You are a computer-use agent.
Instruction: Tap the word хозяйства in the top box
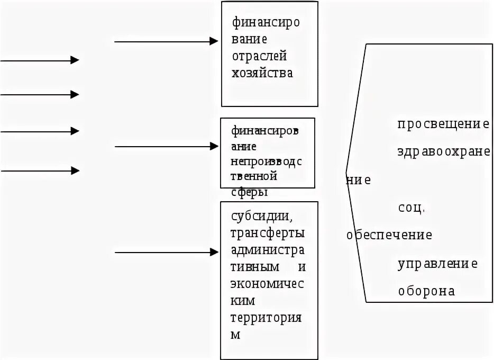[262, 73]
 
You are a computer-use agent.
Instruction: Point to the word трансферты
[268, 233]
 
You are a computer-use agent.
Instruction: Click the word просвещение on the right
[443, 124]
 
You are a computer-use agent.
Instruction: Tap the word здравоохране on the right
[444, 151]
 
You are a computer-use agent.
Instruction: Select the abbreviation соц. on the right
[411, 208]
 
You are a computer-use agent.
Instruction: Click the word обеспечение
[389, 235]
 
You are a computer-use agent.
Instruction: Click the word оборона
[426, 291]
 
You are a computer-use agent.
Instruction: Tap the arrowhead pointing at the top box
[214, 41]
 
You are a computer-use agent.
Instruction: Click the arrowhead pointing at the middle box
[214, 146]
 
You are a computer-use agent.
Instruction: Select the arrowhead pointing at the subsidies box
[214, 252]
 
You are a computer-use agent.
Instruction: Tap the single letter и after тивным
[302, 267]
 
